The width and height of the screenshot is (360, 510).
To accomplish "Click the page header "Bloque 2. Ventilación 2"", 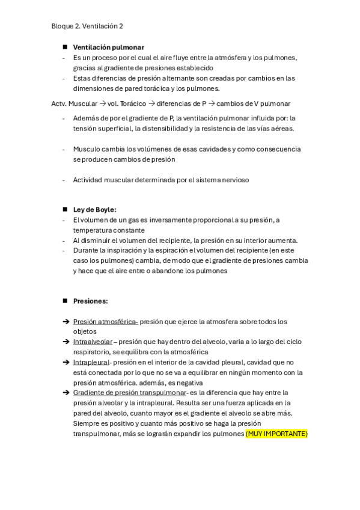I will click(x=88, y=26).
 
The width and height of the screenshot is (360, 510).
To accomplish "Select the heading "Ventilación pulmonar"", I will click(x=108, y=47).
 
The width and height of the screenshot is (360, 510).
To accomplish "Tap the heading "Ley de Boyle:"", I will click(x=94, y=209).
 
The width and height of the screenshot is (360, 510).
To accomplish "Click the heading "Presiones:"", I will click(x=90, y=301).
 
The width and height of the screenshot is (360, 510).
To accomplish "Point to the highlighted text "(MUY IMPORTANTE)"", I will click(x=276, y=434).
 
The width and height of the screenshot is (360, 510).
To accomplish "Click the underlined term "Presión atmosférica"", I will click(x=105, y=322).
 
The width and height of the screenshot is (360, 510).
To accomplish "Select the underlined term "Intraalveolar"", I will click(x=93, y=342).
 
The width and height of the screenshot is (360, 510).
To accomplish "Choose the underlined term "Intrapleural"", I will click(x=91, y=362).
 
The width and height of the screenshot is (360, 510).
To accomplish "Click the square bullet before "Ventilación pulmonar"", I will click(x=64, y=47).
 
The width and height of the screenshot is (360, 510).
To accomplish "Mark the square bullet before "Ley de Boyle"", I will click(x=64, y=209).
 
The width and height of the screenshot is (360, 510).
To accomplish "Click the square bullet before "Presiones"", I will click(x=64, y=301).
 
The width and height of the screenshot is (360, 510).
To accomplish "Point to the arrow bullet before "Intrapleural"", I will click(x=66, y=362).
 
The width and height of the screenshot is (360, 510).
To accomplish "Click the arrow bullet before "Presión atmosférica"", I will click(x=66, y=322).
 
